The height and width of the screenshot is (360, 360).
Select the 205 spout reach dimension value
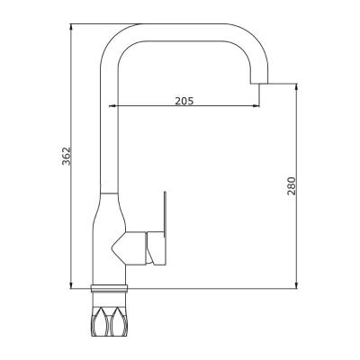(184, 100)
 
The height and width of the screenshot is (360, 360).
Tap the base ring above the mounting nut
(112, 289)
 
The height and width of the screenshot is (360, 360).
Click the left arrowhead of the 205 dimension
(118, 108)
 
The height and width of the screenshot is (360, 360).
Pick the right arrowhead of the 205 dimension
(255, 108)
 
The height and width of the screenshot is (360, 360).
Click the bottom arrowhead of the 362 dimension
(69, 285)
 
